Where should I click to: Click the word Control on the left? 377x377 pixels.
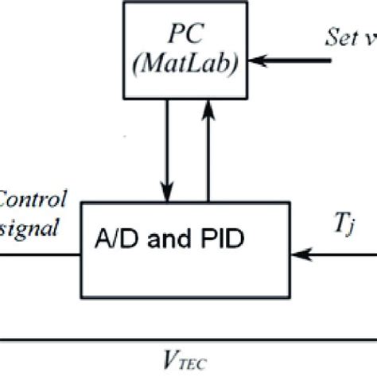point(32,200)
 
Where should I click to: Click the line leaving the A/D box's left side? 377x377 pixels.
point(40,255)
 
